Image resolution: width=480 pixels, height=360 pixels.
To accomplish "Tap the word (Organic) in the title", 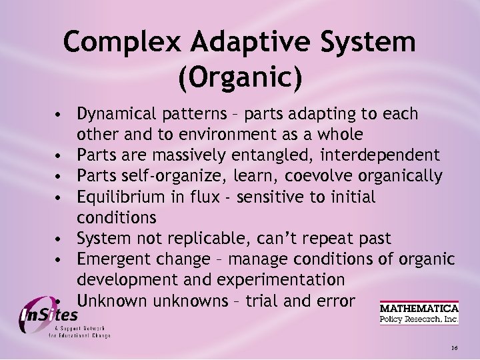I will click(240, 77).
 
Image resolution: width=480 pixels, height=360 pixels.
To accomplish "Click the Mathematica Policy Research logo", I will click(419, 313).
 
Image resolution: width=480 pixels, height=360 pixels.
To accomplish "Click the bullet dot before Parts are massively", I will click(60, 157).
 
